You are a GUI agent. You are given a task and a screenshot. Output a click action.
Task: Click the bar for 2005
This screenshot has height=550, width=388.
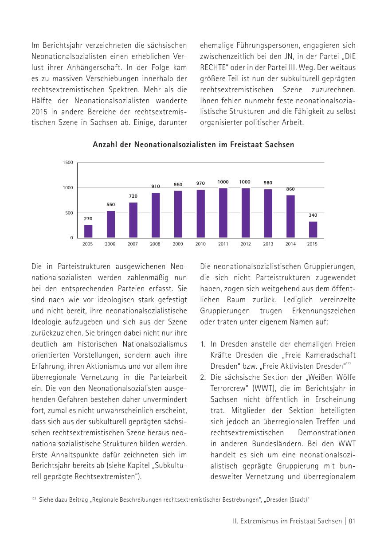pos(88,231)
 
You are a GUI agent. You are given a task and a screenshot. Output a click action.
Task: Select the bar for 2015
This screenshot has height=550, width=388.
pos(313,230)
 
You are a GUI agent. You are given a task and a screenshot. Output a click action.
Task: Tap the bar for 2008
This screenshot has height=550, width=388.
pos(156,215)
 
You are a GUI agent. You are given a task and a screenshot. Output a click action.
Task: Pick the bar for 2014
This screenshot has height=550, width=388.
pos(290,216)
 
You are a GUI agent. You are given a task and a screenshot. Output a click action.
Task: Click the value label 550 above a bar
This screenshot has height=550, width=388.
pos(110,204)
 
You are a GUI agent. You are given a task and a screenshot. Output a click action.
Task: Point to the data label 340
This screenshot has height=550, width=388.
pos(313,215)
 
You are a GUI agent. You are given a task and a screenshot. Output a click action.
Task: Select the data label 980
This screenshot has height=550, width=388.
pos(268,183)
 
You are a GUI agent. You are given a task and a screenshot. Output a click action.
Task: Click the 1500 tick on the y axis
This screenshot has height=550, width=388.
pos(68,163)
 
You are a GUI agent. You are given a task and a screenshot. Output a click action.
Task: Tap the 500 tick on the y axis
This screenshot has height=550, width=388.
pos(70,213)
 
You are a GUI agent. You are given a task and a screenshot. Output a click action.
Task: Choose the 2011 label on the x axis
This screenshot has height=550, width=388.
pos(223,244)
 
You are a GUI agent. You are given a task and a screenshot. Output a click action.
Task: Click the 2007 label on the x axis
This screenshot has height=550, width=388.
pos(133,244)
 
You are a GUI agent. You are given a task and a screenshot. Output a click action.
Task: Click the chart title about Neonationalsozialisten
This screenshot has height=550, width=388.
pos(193,144)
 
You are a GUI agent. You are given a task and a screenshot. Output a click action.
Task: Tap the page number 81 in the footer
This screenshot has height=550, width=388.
pos(352,521)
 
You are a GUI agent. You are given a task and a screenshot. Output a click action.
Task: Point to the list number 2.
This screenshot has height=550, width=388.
pos(203,377)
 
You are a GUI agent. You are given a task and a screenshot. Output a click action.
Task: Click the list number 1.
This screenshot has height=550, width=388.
pos(203,344)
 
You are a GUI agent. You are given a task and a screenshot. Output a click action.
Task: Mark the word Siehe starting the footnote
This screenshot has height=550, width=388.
pos(46,500)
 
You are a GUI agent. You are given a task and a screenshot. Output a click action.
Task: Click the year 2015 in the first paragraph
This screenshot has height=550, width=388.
pos(41,112)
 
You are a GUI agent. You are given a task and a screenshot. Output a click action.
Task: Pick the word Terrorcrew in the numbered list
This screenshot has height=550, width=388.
pos(229,388)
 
